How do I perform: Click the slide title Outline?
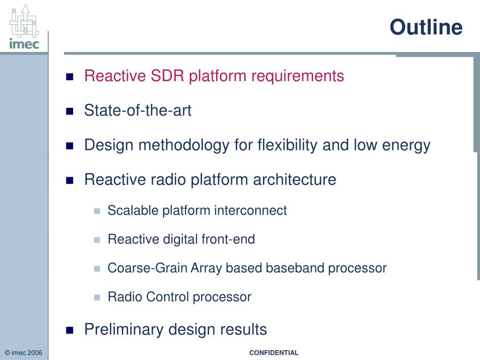tap(426, 27)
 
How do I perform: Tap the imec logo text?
tap(24, 44)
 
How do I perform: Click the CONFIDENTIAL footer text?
tap(274, 352)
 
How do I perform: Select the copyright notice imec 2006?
tap(23, 352)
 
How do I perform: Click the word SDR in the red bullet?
tap(167, 75)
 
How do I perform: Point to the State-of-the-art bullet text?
tap(138, 110)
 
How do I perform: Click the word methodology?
tap(184, 145)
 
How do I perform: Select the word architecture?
tap(294, 180)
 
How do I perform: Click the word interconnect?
tap(250, 210)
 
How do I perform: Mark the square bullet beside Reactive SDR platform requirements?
tap(70, 76)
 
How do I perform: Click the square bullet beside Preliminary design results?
tap(70, 330)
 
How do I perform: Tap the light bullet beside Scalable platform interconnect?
tap(97, 211)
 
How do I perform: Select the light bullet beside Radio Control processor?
tap(97, 298)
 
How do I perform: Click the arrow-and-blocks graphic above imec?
tap(24, 21)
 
